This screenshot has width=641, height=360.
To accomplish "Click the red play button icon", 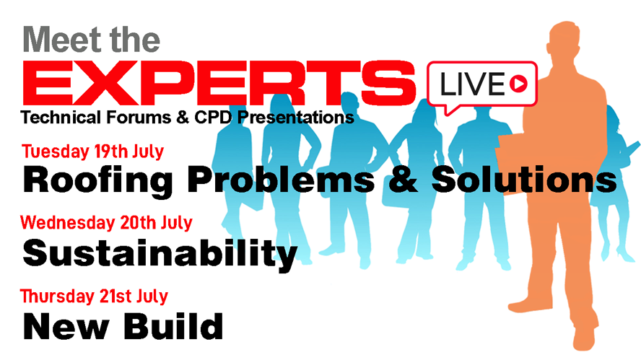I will (x=517, y=85).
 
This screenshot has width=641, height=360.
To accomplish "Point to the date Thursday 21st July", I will (x=94, y=296).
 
